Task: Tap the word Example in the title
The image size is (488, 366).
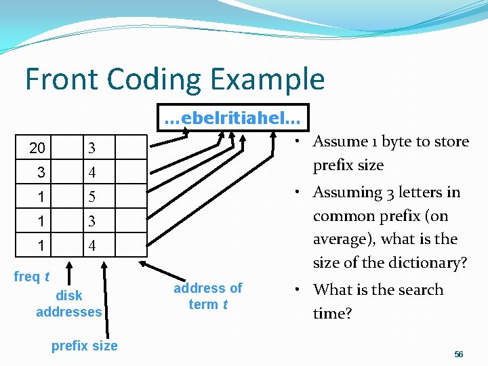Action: click(x=272, y=80)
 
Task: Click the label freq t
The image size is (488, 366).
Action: click(x=32, y=277)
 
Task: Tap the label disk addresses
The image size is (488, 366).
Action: click(x=69, y=304)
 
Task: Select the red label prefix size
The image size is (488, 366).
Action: click(x=85, y=346)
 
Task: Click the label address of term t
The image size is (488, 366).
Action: click(x=207, y=296)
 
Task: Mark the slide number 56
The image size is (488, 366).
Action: click(x=459, y=354)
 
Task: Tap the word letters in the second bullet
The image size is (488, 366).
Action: click(x=420, y=192)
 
